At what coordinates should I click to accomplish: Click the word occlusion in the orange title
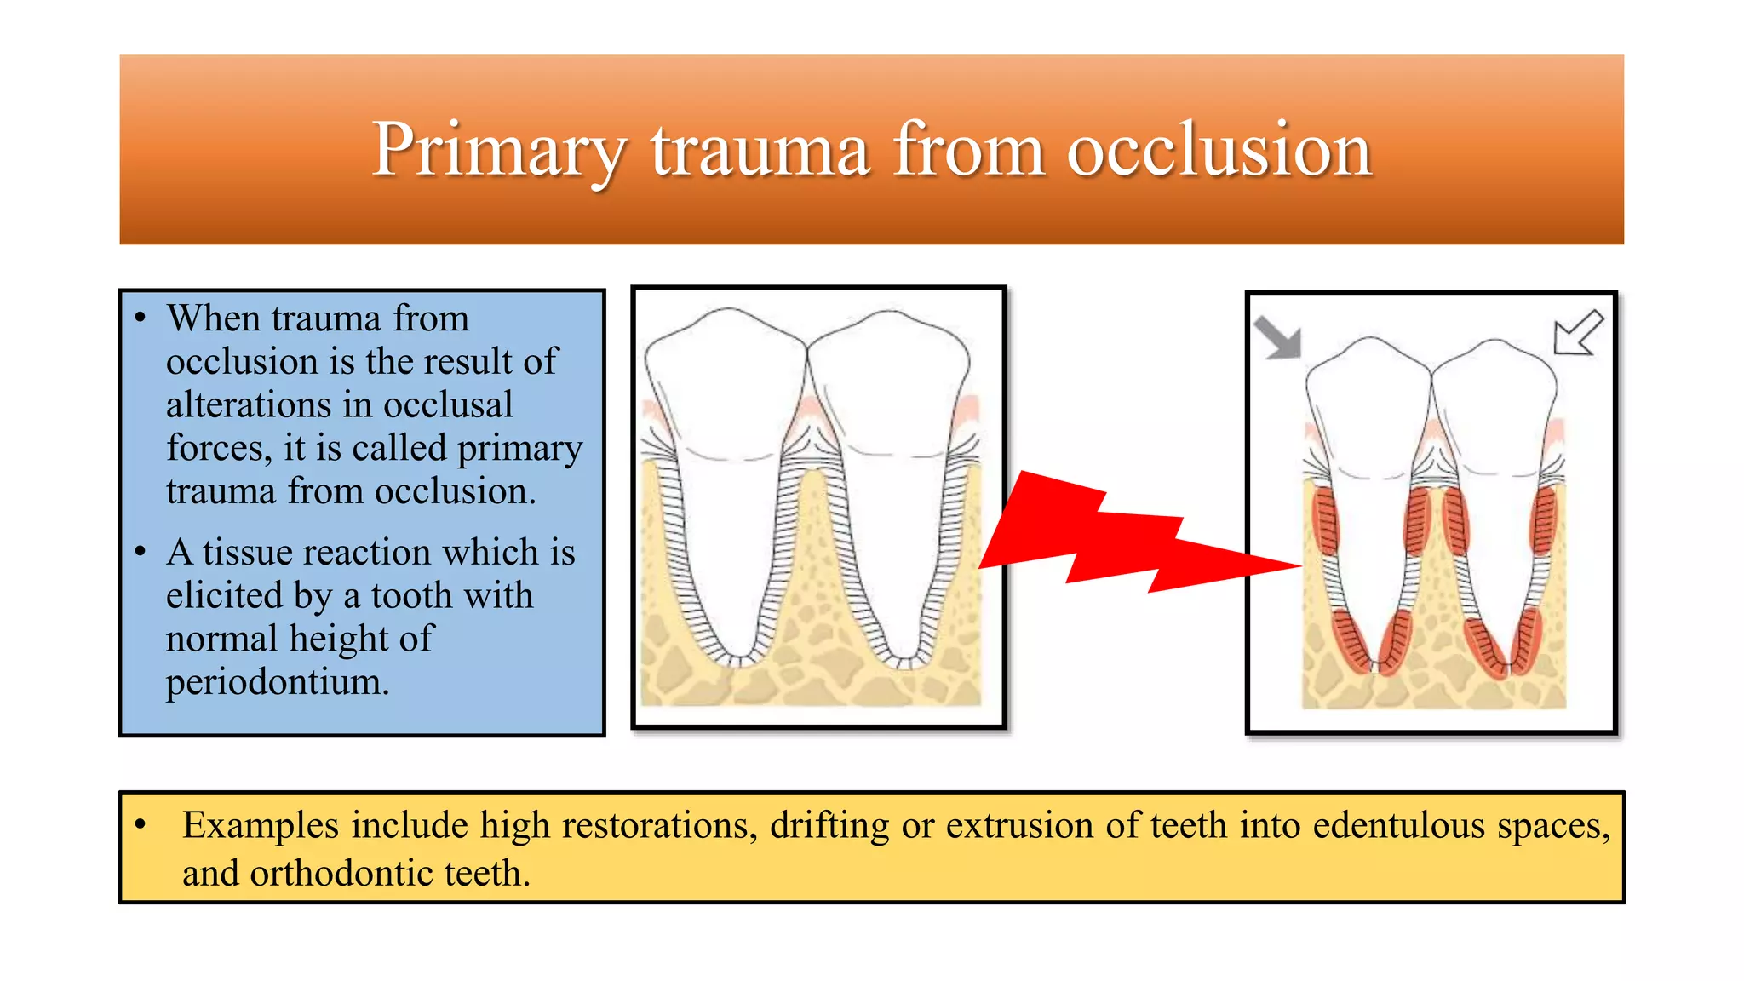pos(1219,150)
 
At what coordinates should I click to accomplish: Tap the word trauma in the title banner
pos(760,150)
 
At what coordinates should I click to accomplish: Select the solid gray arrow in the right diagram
pos(1278,337)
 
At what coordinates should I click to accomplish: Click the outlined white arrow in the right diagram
pos(1577,333)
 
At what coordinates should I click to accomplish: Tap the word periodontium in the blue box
pos(277,681)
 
